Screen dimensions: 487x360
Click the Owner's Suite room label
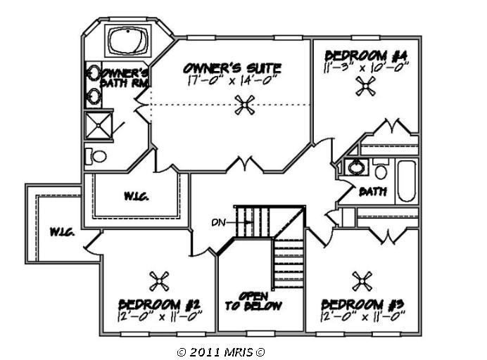tap(232, 68)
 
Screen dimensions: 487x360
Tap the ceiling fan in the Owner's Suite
tap(244, 106)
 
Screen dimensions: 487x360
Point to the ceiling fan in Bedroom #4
tap(366, 86)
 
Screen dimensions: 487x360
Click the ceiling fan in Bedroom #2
tap(159, 281)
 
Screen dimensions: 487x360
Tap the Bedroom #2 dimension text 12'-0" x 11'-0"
tap(160, 316)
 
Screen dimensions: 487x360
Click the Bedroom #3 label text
tap(362, 304)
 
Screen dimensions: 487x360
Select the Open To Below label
tap(253, 300)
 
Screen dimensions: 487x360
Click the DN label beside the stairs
tap(218, 223)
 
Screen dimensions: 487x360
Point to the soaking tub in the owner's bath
tap(127, 41)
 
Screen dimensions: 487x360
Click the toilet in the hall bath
tap(381, 171)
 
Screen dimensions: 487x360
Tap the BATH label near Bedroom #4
tap(372, 191)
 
